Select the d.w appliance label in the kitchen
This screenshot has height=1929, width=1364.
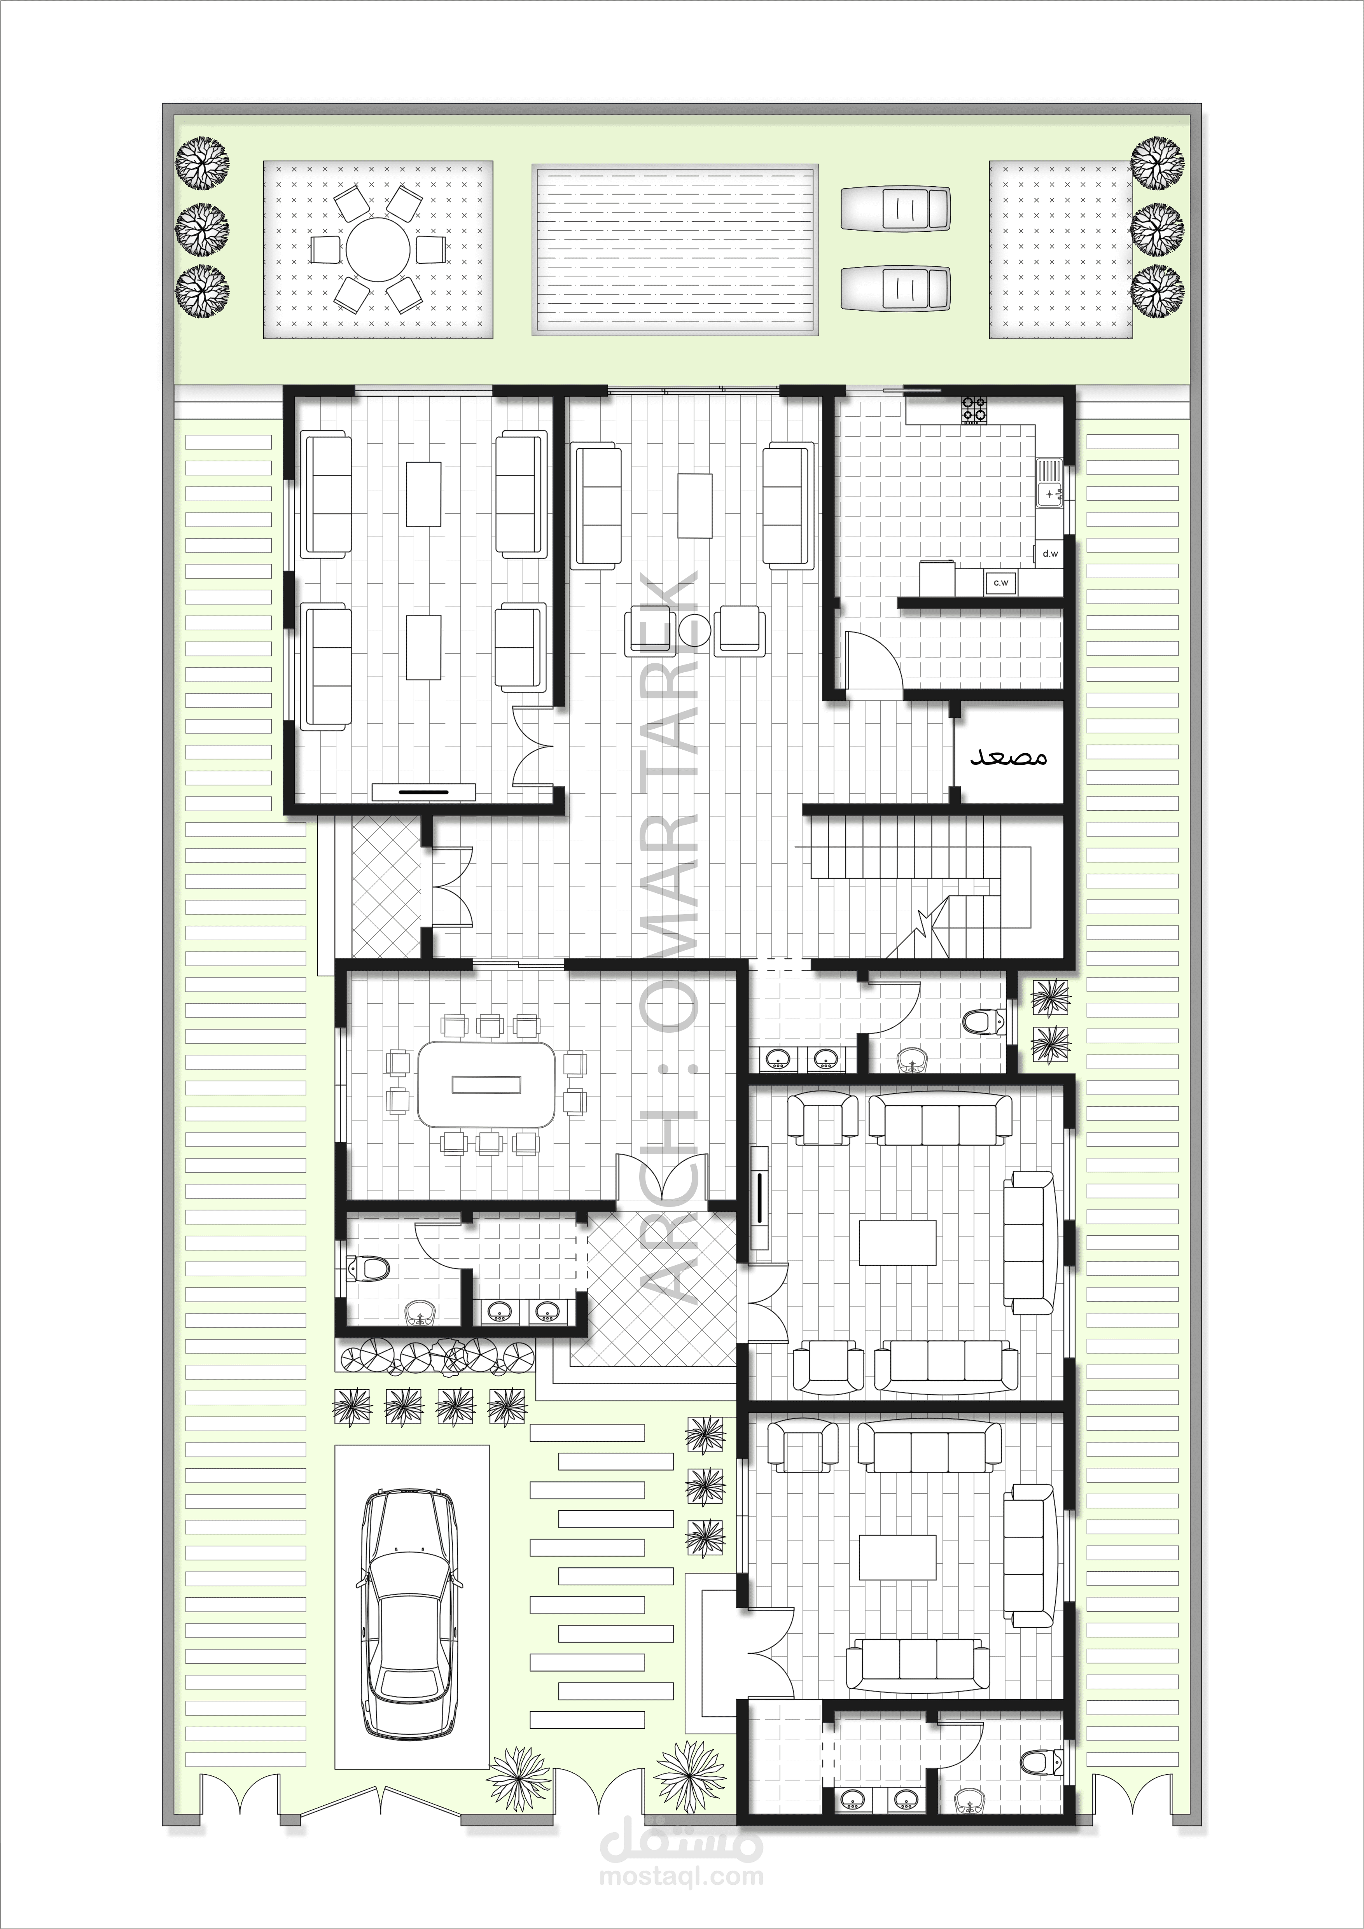[1050, 554]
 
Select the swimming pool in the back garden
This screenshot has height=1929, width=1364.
[675, 250]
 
